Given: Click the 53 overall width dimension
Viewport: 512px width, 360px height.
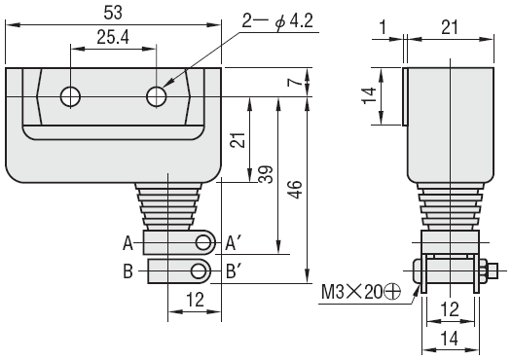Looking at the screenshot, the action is pos(113,13).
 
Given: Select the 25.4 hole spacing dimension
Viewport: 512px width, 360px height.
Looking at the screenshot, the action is pos(113,37).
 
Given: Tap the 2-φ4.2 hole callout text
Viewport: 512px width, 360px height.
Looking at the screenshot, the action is pos(277,21).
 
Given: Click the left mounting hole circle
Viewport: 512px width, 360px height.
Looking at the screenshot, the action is pos(70,96).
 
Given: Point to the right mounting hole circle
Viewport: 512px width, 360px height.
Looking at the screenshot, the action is pos(157,96).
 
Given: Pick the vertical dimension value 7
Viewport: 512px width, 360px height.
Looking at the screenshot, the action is pos(294,82).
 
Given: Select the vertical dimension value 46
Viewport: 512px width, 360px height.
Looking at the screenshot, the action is pos(295,190).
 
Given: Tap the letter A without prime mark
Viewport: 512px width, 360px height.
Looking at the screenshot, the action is pos(128,243).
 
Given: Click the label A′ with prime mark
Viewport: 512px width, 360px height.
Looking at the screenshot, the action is pos(233,243).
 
